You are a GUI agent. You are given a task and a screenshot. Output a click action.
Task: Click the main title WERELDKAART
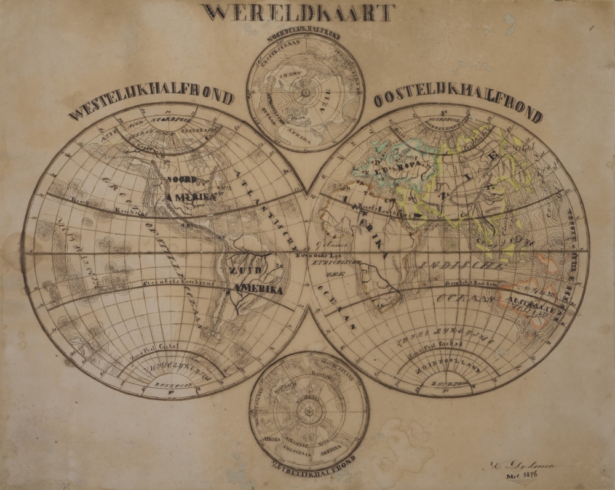tap(297, 13)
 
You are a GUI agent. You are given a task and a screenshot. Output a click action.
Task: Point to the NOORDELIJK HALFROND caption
tap(305, 30)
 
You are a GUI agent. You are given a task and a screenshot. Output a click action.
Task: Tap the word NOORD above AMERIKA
tap(182, 179)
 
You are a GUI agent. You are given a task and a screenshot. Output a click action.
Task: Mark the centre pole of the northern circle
tap(304, 93)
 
